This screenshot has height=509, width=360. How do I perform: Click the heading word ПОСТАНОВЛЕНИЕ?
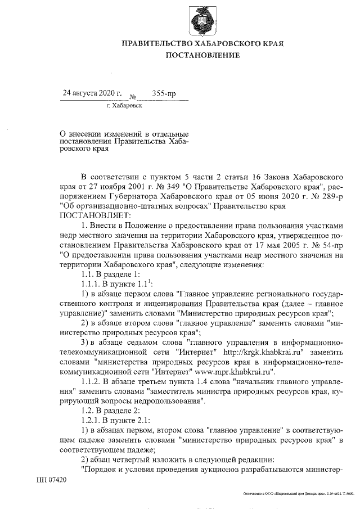click(202, 55)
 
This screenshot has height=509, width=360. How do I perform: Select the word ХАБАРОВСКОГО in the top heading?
click(227, 43)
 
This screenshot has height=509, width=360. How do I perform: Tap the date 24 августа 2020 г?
click(92, 91)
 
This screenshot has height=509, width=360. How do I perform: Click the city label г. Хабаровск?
click(124, 105)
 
